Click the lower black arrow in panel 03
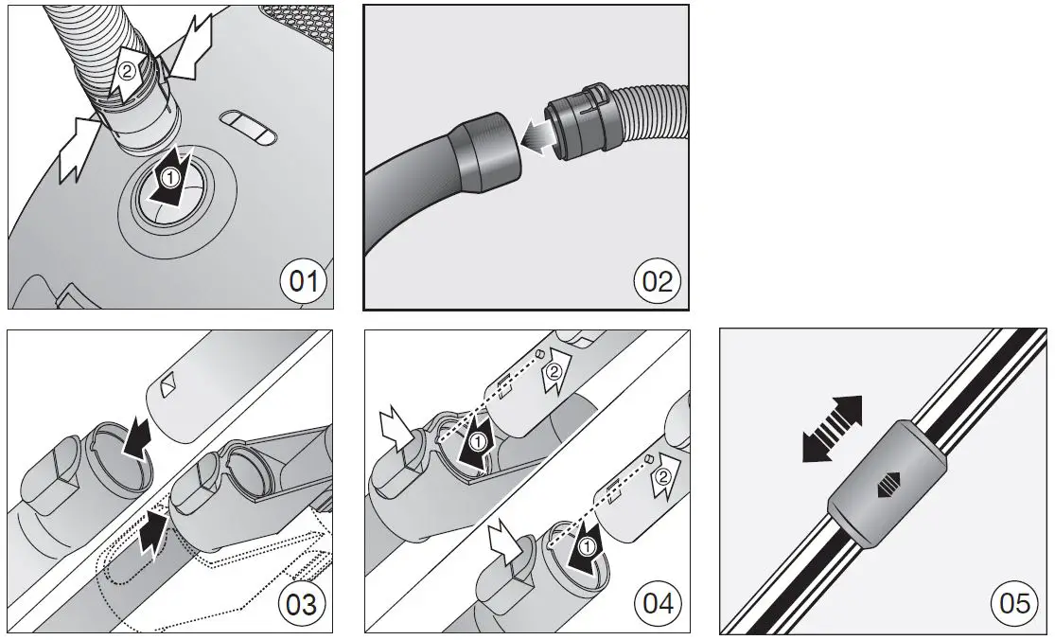coord(150,532)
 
